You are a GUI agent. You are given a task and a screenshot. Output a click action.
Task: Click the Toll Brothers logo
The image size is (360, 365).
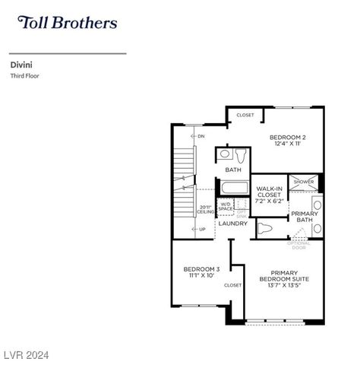tap(67, 22)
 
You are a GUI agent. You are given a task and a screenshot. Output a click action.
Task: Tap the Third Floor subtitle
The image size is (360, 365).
tap(24, 76)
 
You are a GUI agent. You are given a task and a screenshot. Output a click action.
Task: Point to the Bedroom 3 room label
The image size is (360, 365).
tap(201, 271)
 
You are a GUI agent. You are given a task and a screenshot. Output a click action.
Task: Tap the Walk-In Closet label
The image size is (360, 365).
tap(270, 195)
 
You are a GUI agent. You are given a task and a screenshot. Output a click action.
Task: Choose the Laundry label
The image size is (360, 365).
tap(232, 224)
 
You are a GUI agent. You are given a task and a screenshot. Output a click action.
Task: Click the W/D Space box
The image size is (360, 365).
tap(226, 206)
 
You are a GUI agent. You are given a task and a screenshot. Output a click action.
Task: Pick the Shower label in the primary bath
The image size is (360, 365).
tap(304, 182)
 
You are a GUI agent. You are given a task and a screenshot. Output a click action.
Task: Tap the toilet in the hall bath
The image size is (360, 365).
tap(241, 157)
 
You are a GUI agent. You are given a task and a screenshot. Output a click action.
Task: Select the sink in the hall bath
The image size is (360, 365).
tap(225, 154)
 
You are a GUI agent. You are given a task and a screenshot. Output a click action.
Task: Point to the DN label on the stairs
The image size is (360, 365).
tap(201, 136)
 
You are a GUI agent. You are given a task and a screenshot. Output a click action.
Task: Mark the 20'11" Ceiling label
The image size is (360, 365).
tap(206, 210)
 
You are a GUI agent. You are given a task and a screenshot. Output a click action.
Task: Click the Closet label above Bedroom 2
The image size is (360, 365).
tap(245, 116)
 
